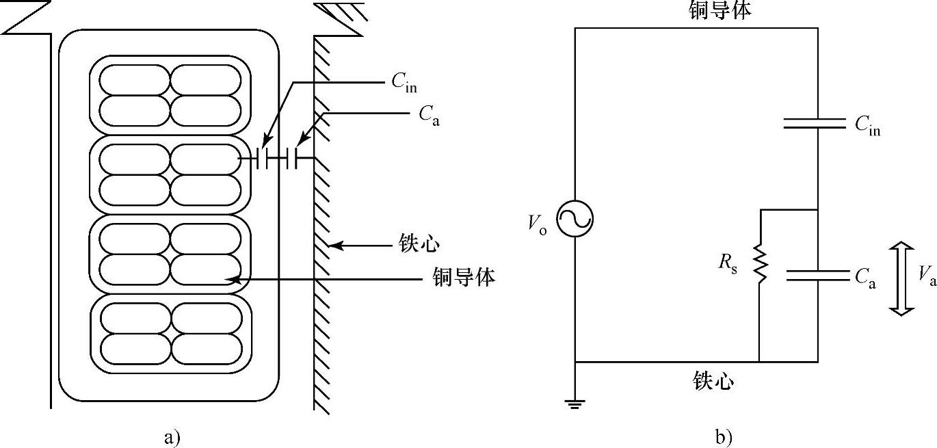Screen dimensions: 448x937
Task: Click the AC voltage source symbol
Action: (x=574, y=220)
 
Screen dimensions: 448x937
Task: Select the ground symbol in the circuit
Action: (x=575, y=404)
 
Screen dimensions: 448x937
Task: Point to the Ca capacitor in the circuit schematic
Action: (x=818, y=275)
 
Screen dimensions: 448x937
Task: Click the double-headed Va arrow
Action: (x=902, y=278)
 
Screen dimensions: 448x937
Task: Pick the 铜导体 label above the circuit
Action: (x=717, y=10)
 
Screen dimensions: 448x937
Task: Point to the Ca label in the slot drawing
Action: (x=429, y=114)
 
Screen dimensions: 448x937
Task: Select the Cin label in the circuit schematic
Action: (x=867, y=126)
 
